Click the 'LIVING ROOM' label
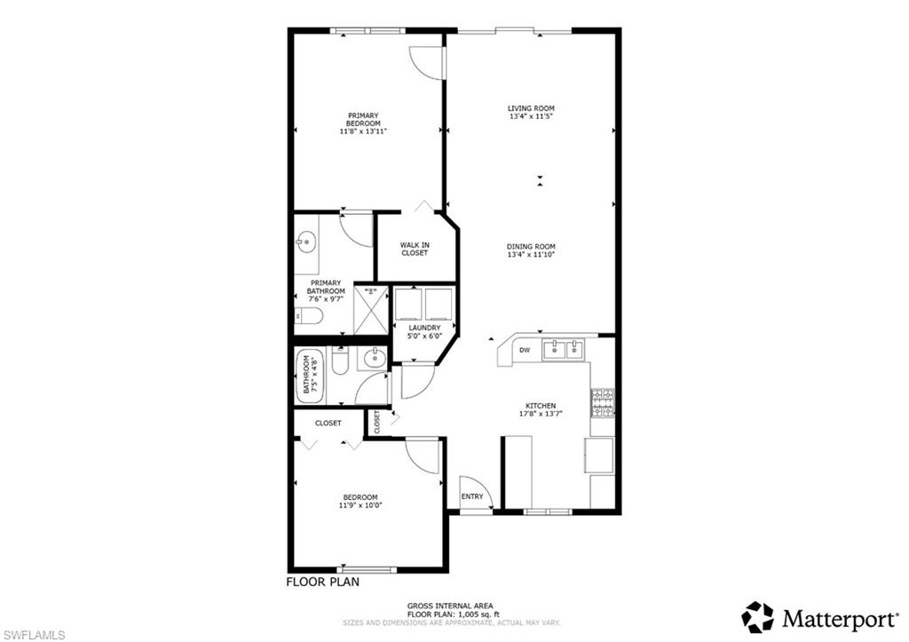[532, 108]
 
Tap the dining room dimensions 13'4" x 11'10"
[532, 255]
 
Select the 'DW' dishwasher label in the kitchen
[525, 351]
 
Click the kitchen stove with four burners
[603, 403]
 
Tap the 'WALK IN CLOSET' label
[414, 249]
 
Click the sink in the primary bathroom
[307, 241]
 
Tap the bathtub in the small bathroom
[309, 375]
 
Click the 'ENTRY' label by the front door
[472, 496]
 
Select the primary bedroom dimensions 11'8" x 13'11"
[363, 131]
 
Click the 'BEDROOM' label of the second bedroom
[360, 497]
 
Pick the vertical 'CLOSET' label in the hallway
[377, 421]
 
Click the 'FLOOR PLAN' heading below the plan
[322, 583]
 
